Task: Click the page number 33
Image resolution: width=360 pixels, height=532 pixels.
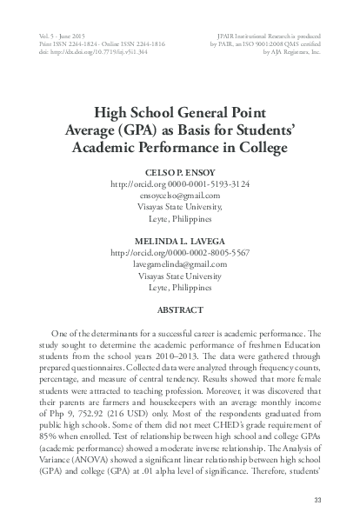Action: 317,497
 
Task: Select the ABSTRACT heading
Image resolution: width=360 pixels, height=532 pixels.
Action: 180,309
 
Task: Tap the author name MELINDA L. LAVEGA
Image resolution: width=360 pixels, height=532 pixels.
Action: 180,240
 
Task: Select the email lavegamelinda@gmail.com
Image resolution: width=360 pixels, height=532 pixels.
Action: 180,263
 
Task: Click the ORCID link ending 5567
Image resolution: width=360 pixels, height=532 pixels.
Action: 180,252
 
